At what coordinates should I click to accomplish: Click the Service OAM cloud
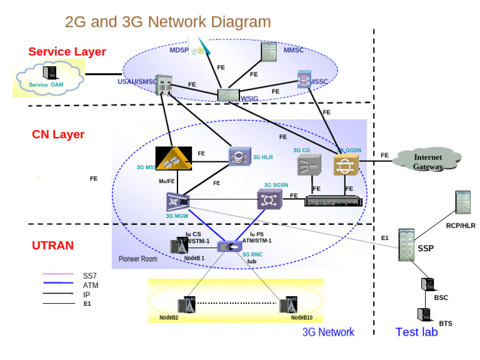(49, 79)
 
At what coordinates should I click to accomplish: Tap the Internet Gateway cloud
(429, 162)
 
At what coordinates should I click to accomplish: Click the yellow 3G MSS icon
(173, 159)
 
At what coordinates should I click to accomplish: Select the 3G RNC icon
(227, 246)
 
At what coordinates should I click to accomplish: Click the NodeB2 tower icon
(188, 306)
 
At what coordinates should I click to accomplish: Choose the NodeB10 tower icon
(288, 306)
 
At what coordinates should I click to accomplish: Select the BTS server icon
(424, 315)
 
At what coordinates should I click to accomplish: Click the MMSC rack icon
(269, 52)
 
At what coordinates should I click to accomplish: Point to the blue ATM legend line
(59, 285)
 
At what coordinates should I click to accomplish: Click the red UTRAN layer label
(52, 246)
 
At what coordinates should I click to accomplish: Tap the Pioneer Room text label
(138, 259)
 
